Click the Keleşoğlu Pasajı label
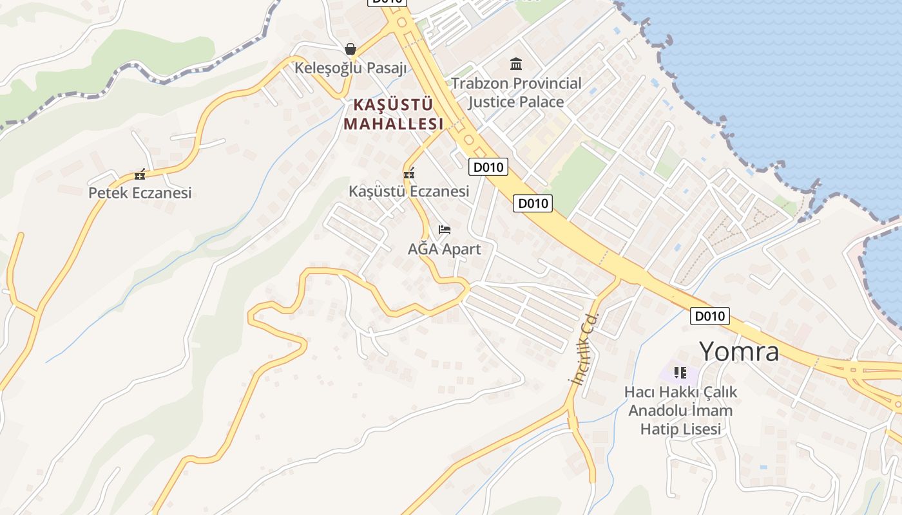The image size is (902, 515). [351, 68]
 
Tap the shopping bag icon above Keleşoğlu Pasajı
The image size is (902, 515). [350, 49]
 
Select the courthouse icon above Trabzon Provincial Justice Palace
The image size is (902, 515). [516, 64]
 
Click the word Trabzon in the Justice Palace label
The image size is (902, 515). [482, 84]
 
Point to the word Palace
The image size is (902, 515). [542, 102]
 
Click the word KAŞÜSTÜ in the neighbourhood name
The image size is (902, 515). [393, 104]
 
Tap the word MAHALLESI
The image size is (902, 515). [394, 124]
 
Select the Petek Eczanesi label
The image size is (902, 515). [140, 192]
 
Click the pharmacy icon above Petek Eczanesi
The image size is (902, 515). [140, 174]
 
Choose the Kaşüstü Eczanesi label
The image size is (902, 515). [408, 191]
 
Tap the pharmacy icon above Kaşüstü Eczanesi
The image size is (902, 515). [408, 173]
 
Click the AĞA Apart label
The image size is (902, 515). [444, 248]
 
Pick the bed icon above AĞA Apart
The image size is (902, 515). [444, 229]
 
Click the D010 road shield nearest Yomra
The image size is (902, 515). [710, 316]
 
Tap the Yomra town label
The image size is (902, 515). [739, 351]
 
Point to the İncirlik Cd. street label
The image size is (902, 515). [584, 348]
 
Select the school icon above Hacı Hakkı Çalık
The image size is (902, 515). [680, 372]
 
